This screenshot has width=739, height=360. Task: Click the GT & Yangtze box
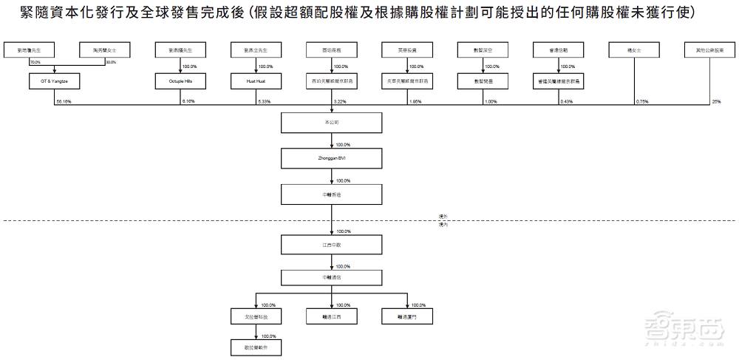coord(55,81)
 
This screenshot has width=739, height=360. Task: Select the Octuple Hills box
coord(180,81)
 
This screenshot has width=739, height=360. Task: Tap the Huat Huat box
coord(256,81)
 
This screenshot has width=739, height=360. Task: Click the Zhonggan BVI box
coord(332,158)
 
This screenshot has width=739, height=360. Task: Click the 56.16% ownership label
coord(63,101)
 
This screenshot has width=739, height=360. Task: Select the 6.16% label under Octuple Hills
coord(189,101)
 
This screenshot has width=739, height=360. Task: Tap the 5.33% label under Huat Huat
coord(265,101)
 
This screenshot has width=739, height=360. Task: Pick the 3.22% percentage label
coord(341,101)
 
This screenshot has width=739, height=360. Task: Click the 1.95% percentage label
coord(415,101)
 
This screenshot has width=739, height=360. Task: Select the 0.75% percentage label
coord(642,101)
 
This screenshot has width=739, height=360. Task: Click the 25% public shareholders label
coord(715,101)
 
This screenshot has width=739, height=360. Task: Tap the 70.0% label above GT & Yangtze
coord(35,63)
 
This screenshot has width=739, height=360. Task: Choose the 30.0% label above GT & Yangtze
coord(111,63)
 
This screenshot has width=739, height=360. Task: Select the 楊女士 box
coord(633,50)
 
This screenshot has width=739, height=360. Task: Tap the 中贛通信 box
coord(332,277)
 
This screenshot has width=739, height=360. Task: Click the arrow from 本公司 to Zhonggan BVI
coord(332,140)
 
